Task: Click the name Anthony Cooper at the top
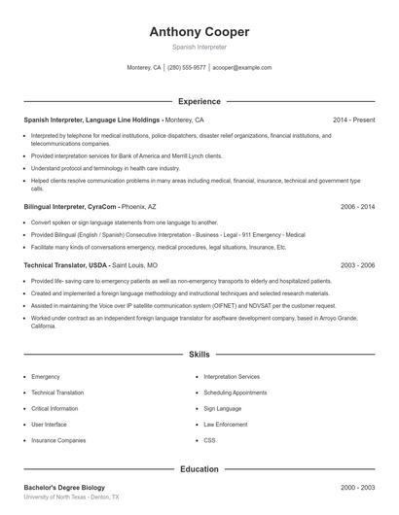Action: tap(199, 32)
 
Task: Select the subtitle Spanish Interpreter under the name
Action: tap(199, 47)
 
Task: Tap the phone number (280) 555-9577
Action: tap(187, 68)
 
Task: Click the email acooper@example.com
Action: tap(242, 68)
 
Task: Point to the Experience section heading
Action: tap(199, 101)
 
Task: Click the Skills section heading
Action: tap(199, 355)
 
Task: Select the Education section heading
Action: tap(199, 469)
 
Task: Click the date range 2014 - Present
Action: tap(353, 120)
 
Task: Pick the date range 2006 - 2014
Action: tap(355, 207)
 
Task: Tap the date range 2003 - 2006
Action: tap(355, 264)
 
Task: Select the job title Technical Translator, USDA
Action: tap(65, 264)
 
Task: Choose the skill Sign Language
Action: tap(222, 408)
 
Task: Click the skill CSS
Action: tap(209, 440)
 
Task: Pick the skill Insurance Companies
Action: tap(58, 440)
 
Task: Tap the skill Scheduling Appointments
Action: tap(235, 393)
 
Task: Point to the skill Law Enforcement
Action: tap(225, 425)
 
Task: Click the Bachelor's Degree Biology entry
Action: tap(64, 487)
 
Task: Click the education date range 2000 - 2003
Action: tap(355, 487)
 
